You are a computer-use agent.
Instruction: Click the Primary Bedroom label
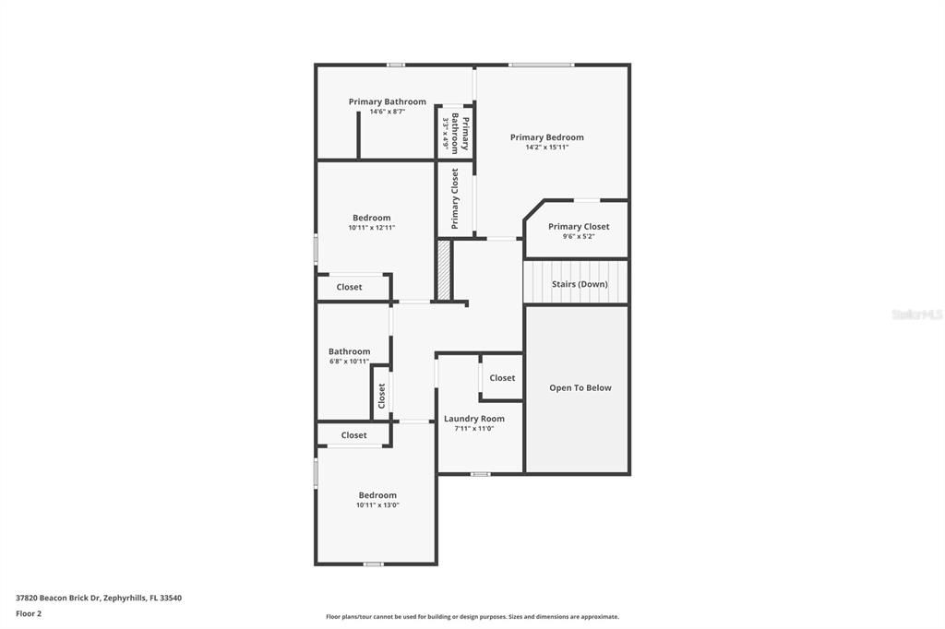(546, 137)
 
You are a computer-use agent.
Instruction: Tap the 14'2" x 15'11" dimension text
(546, 147)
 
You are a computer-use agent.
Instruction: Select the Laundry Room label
(473, 419)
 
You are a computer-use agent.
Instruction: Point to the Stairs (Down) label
(580, 284)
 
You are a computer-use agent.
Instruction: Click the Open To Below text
(580, 388)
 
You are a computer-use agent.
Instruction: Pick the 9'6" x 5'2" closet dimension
(579, 236)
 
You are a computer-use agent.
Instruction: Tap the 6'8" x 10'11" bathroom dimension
(349, 362)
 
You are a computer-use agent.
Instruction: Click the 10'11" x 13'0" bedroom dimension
(377, 504)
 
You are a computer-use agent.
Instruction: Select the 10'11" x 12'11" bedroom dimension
(371, 228)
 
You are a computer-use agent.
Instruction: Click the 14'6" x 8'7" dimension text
(387, 112)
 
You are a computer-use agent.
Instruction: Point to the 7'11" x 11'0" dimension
(473, 428)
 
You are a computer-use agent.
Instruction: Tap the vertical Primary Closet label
(455, 198)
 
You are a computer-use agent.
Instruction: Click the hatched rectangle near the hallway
(444, 269)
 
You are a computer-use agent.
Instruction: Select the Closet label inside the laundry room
(502, 378)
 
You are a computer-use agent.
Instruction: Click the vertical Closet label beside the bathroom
(381, 396)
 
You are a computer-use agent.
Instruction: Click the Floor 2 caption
(29, 613)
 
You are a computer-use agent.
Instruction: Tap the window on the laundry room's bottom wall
(480, 474)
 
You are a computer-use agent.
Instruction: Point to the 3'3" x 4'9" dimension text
(445, 133)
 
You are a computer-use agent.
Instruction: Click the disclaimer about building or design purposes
(472, 617)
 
